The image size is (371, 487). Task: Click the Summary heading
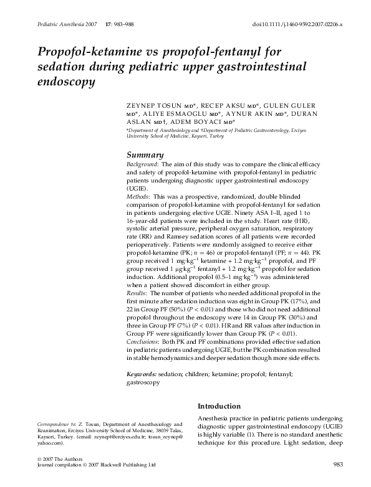145,155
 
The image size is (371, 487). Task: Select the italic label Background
142,164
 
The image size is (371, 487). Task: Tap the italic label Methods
138,196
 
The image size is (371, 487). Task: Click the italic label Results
137,293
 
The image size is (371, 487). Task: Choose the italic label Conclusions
144,341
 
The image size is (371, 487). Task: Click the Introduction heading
219,405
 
